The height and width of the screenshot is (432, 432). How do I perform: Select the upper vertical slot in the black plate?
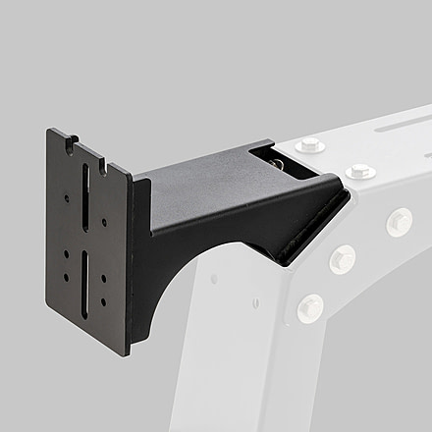pyautogui.click(x=85, y=195)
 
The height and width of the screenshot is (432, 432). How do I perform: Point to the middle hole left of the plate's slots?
pyautogui.click(x=67, y=254)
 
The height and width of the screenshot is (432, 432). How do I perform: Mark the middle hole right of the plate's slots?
pyautogui.click(x=104, y=276)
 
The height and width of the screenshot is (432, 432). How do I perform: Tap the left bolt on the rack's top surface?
pyautogui.click(x=310, y=146)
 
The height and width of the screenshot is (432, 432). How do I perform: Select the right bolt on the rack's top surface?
pyautogui.click(x=360, y=171)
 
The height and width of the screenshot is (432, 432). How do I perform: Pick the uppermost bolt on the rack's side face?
pyautogui.click(x=398, y=221)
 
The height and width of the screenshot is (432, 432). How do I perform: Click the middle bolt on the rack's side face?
pyautogui.click(x=341, y=259)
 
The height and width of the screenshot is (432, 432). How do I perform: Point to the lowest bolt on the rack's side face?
pyautogui.click(x=309, y=307)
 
